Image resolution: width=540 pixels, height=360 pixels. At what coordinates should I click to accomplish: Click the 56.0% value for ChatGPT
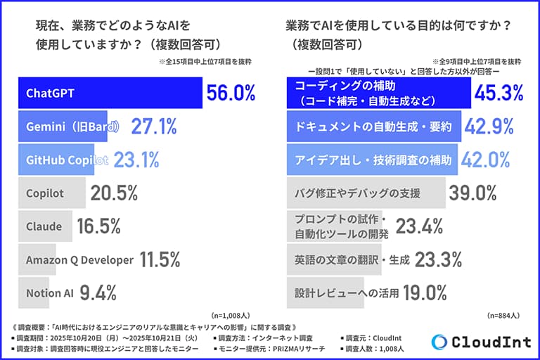pyautogui.click(x=231, y=93)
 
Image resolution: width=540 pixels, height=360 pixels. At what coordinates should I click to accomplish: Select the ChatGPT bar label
pyautogui.click(x=50, y=94)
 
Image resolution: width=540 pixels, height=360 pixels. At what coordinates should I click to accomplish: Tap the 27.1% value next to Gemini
pyautogui.click(x=154, y=127)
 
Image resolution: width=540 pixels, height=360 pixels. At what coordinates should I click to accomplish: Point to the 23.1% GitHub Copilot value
pyautogui.click(x=136, y=160)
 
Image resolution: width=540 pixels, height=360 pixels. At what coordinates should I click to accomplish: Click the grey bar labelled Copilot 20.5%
pyautogui.click(x=52, y=193)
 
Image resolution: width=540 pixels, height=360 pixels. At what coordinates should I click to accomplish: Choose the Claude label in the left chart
pyautogui.click(x=44, y=226)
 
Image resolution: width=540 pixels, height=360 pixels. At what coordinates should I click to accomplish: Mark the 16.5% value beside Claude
pyautogui.click(x=99, y=226)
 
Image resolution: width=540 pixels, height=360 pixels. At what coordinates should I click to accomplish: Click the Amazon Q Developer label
pyautogui.click(x=79, y=259)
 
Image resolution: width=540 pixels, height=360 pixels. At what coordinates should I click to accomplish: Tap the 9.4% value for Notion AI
pyautogui.click(x=98, y=292)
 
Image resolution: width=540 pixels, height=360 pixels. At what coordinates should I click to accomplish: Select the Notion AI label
pyautogui.click(x=50, y=293)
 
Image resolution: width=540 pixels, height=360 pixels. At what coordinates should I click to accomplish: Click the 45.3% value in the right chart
pyautogui.click(x=499, y=93)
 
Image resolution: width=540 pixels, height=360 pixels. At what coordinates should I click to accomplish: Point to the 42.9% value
pyautogui.click(x=489, y=127)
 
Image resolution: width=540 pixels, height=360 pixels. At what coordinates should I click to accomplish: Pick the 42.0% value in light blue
pyautogui.click(x=486, y=160)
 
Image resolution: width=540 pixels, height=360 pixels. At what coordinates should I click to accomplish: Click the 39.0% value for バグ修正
pyautogui.click(x=472, y=193)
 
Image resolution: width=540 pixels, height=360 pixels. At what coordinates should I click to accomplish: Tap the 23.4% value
pyautogui.click(x=420, y=226)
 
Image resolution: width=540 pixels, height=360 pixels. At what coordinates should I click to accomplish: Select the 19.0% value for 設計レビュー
pyautogui.click(x=425, y=292)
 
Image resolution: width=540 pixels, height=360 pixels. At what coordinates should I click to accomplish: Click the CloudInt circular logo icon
pyautogui.click(x=439, y=342)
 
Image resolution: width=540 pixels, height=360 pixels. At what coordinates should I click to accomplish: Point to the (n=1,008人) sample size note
pyautogui.click(x=231, y=316)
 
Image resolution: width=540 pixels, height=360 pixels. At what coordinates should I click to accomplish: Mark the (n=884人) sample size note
pyautogui.click(x=503, y=316)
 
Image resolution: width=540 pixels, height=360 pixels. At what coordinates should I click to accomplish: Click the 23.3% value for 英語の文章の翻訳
pyautogui.click(x=439, y=259)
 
